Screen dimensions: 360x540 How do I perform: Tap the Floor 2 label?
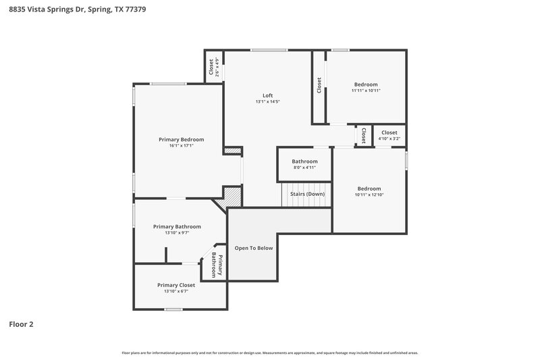pos(21,324)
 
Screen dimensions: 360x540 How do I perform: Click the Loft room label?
pos(267,95)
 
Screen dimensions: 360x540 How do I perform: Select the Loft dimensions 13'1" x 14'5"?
pos(267,102)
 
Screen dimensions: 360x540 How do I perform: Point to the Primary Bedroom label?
pos(181,139)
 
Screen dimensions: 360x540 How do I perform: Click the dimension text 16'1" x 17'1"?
pos(181,146)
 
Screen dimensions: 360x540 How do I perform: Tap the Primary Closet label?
pos(175,285)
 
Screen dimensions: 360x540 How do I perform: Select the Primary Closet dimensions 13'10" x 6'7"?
pos(175,292)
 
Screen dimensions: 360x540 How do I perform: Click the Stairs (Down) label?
pos(307,194)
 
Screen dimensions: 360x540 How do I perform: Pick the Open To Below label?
pos(253,248)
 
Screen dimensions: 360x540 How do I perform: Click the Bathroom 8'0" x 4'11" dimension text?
pos(304,168)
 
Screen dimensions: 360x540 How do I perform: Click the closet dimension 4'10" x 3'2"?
pos(389,138)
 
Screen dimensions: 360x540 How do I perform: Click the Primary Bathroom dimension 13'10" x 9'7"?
pos(177,233)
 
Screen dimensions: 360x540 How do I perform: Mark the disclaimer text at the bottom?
pos(270,353)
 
